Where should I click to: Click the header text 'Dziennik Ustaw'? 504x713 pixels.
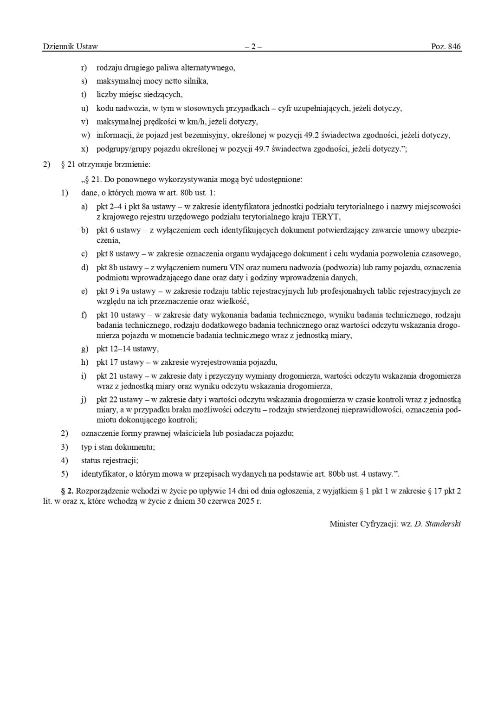(x=70, y=46)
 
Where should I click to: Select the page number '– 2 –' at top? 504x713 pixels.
(x=253, y=46)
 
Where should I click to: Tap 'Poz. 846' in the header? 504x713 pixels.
(x=446, y=46)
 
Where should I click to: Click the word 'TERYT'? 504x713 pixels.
(x=326, y=217)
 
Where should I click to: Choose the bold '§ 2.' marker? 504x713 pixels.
(x=67, y=491)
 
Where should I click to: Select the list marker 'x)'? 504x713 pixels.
(x=84, y=149)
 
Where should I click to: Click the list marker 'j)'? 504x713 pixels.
(x=84, y=400)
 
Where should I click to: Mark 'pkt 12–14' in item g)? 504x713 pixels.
(x=114, y=349)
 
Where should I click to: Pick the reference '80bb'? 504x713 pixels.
(x=336, y=474)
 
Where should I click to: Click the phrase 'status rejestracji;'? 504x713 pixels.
(x=110, y=460)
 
